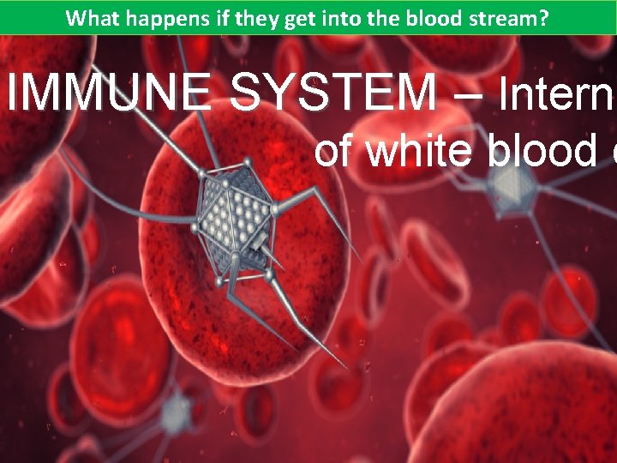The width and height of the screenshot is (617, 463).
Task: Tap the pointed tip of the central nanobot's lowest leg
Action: pyautogui.click(x=348, y=370)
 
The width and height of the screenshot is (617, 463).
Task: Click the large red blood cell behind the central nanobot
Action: pyautogui.click(x=249, y=283)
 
